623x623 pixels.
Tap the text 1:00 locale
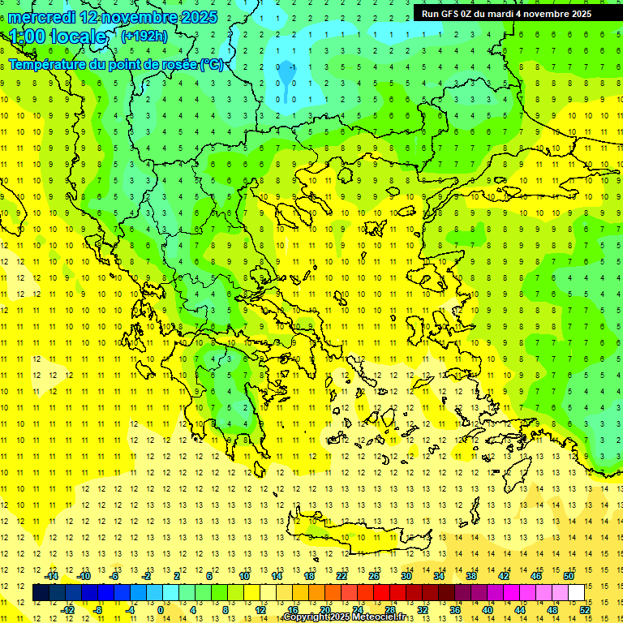[x=58, y=37]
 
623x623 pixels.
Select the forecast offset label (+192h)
[x=144, y=36]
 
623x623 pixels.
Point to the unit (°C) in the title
[x=211, y=64]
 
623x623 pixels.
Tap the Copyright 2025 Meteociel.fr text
[x=354, y=617]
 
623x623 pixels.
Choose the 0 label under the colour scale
[x=161, y=610]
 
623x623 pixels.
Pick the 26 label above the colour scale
[x=374, y=576]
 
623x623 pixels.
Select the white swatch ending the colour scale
[x=577, y=593]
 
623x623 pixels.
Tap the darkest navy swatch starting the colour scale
[x=41, y=593]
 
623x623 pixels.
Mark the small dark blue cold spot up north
[x=286, y=75]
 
